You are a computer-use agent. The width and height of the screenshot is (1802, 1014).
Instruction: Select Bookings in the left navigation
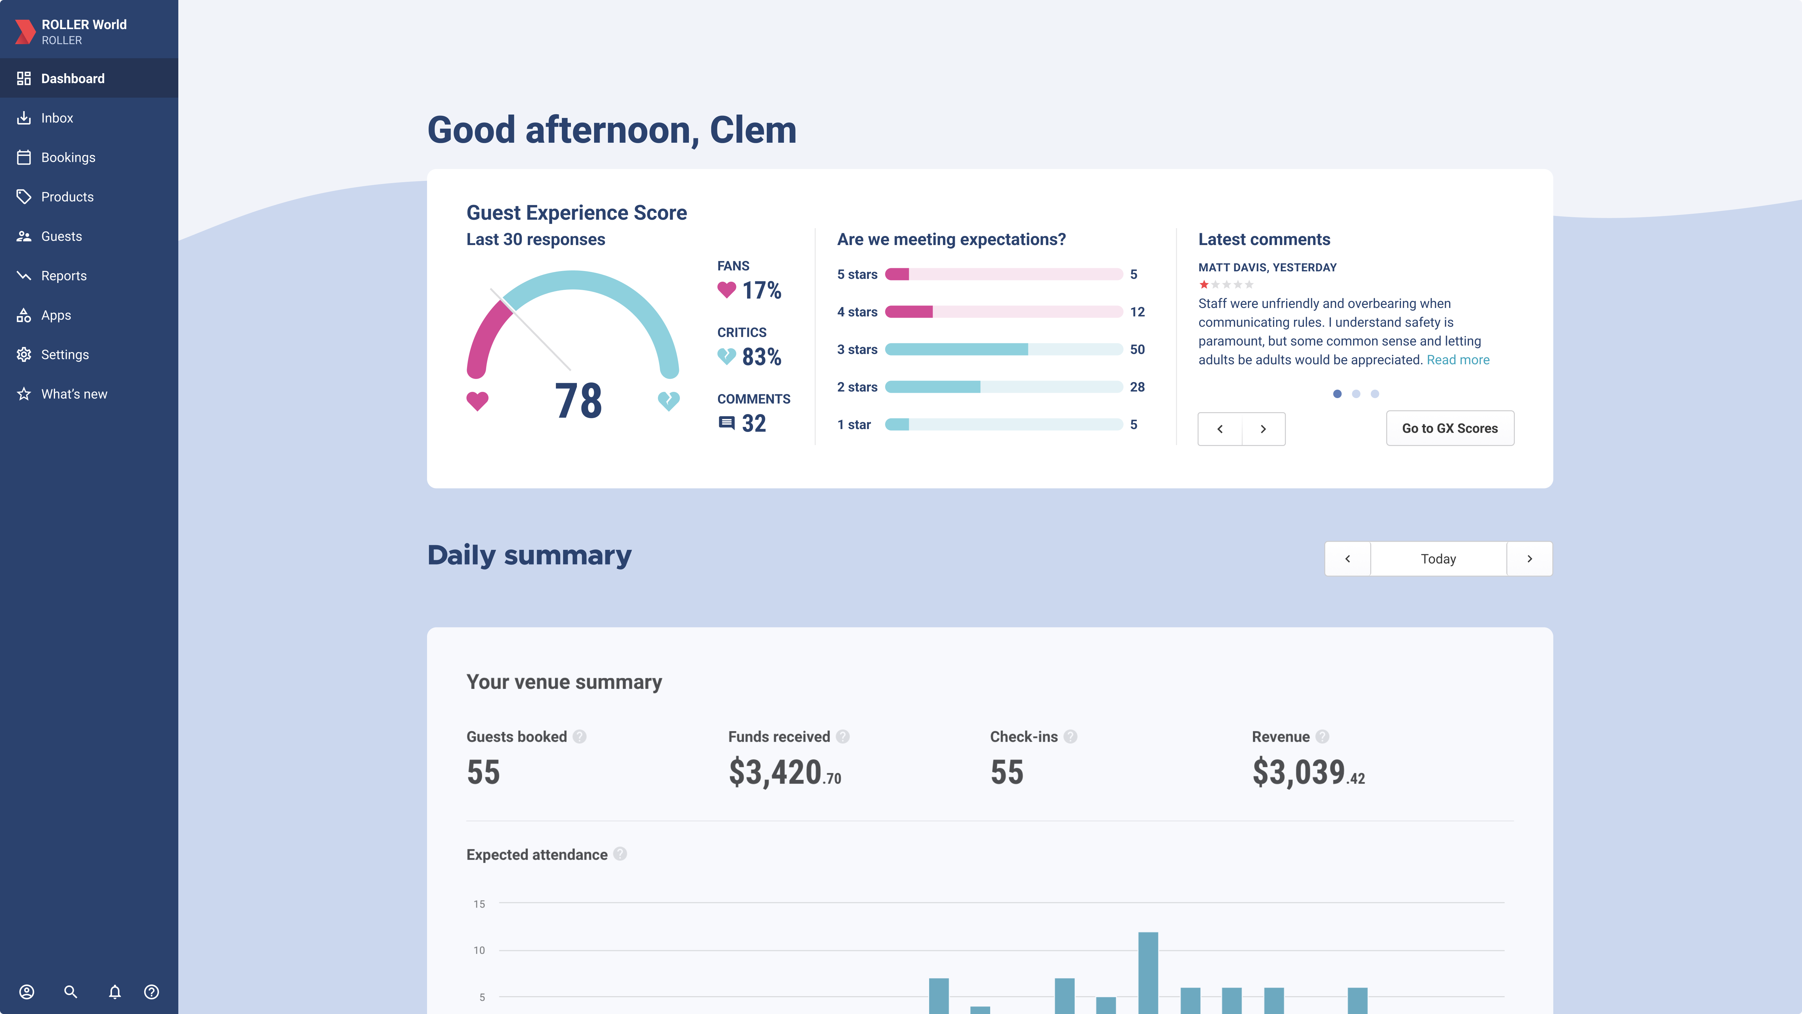(x=68, y=157)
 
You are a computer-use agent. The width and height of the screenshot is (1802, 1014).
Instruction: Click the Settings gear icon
(x=24, y=355)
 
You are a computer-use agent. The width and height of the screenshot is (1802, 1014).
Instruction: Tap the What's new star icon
(x=24, y=394)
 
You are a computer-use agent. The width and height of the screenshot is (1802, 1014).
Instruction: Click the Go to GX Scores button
(x=1449, y=428)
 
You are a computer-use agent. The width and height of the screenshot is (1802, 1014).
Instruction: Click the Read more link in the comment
(x=1458, y=360)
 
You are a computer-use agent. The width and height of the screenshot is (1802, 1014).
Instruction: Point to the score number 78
(x=578, y=401)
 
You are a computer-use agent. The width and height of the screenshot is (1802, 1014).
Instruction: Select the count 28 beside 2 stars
(x=1137, y=387)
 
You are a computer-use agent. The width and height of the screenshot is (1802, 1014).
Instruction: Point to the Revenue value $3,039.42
(x=1307, y=773)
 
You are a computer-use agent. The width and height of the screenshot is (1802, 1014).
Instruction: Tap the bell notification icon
(x=115, y=991)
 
